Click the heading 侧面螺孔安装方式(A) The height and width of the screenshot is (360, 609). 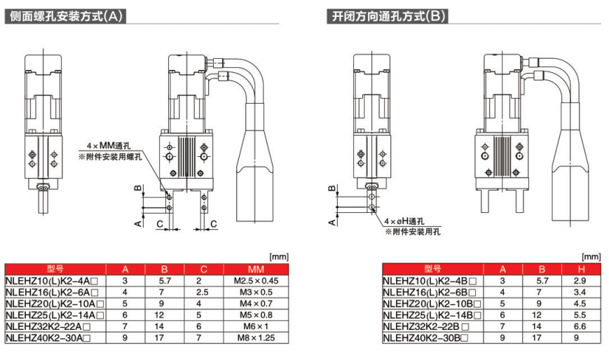66,16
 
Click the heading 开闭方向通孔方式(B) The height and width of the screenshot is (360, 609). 388,16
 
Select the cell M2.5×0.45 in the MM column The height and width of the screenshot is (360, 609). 256,281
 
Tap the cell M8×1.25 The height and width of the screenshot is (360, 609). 256,338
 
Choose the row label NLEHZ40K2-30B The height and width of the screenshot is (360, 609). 425,338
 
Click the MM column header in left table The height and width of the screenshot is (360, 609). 256,270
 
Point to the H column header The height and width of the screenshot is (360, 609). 581,270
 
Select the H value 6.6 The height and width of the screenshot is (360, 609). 580,326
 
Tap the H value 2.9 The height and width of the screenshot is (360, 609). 580,281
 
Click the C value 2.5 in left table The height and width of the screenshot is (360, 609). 203,292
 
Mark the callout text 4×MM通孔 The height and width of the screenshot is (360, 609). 109,146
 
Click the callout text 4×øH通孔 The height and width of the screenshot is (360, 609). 404,221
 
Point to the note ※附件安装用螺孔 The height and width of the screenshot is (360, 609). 110,157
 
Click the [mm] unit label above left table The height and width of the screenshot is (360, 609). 279,257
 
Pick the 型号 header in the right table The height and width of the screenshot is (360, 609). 432,269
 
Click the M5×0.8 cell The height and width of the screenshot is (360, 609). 256,315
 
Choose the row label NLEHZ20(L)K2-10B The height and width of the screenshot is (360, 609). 432,304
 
